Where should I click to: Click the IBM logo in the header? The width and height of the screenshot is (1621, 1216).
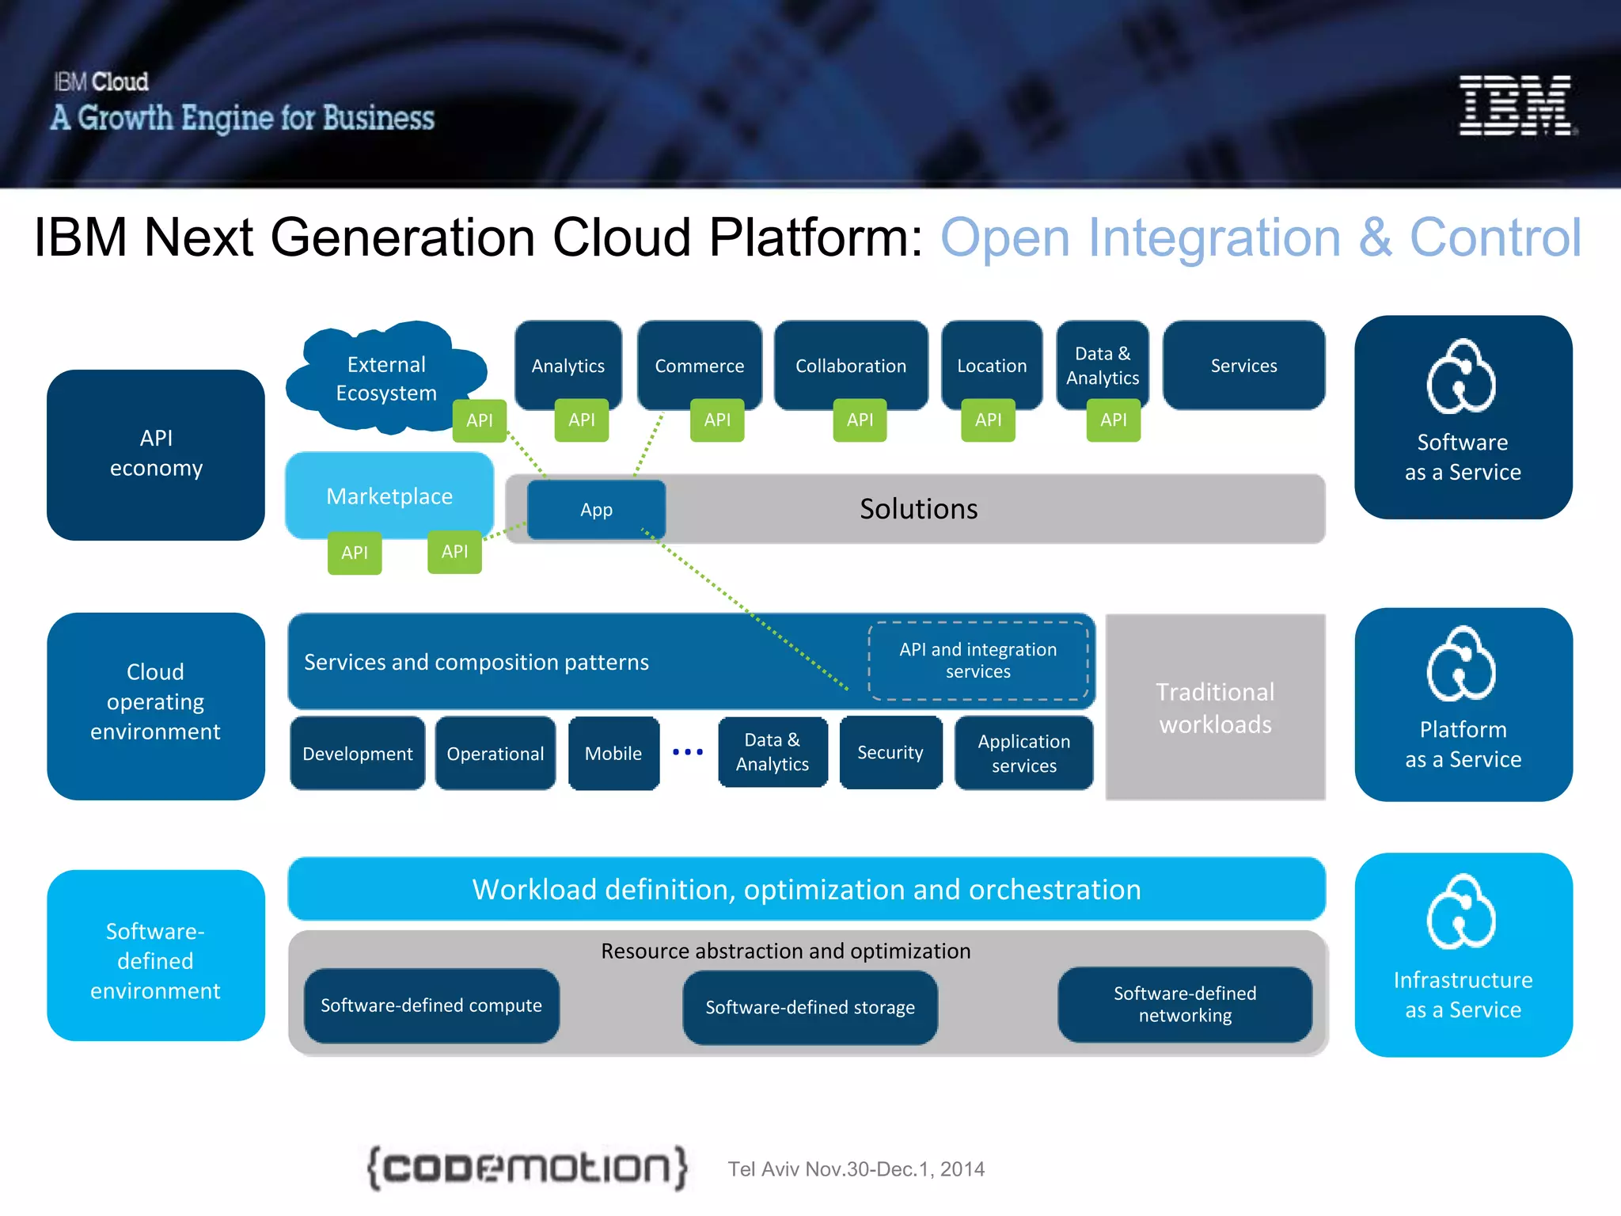tap(1516, 105)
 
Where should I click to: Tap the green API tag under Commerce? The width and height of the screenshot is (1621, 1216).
tap(717, 420)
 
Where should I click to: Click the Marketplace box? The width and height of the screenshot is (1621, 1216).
tap(389, 496)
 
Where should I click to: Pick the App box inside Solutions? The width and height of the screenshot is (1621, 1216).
tap(596, 510)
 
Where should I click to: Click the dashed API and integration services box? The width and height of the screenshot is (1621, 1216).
tap(978, 660)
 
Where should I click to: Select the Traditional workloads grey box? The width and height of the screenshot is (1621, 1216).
tap(1215, 707)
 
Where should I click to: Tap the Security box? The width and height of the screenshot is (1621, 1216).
tap(890, 752)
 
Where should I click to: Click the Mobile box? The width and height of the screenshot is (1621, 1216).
tap(613, 753)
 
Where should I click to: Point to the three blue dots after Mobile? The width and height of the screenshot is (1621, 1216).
tap(687, 751)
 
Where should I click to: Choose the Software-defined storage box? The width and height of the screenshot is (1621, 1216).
tap(810, 1007)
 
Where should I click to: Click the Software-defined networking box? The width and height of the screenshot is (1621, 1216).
tap(1184, 1004)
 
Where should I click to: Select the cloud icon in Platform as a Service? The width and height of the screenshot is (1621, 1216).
tap(1461, 665)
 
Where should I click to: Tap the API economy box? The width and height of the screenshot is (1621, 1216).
tap(156, 454)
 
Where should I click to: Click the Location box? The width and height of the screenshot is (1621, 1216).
tap(991, 364)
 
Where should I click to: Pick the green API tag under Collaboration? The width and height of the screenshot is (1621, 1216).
tap(860, 420)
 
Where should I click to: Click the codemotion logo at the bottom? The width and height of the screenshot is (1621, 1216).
tap(527, 1168)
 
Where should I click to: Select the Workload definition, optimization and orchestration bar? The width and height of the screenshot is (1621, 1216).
tap(806, 889)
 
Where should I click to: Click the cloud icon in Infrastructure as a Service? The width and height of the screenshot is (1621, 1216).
tap(1461, 912)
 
